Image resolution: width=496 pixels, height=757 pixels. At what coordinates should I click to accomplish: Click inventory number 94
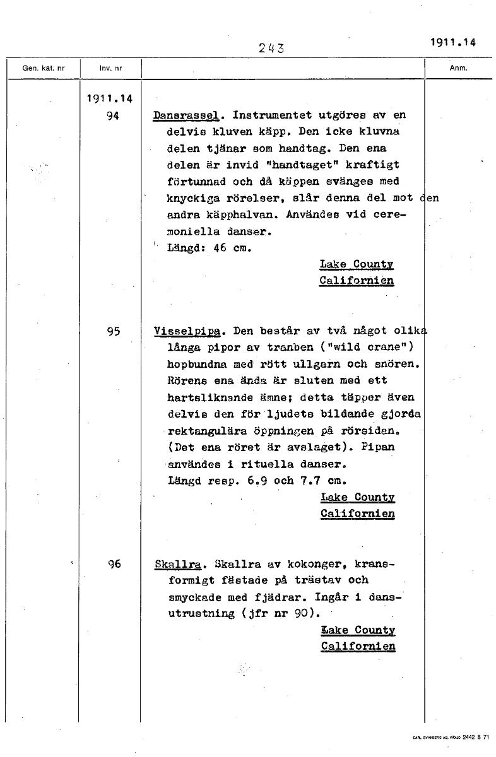[x=114, y=116]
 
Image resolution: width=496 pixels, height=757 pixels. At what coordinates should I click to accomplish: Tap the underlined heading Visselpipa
[x=188, y=331]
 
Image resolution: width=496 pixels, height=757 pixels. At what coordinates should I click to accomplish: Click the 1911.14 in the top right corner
[x=452, y=43]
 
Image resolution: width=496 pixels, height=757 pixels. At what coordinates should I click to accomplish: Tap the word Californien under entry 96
[x=358, y=647]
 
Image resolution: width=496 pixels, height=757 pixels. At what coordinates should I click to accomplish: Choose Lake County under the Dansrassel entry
[x=357, y=264]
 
